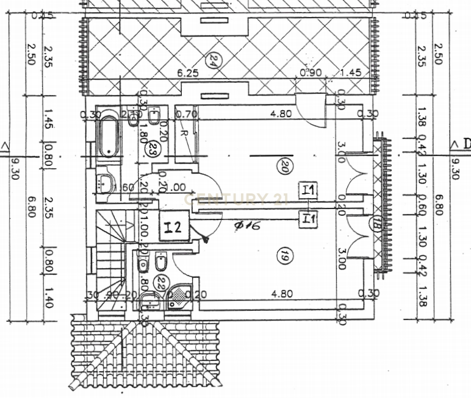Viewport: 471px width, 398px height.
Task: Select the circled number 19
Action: (282, 257)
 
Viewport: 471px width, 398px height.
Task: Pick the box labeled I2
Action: (173, 228)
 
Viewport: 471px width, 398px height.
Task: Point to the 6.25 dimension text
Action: (189, 73)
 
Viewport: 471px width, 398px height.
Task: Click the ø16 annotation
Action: (248, 226)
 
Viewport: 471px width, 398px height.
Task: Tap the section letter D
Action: (466, 144)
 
